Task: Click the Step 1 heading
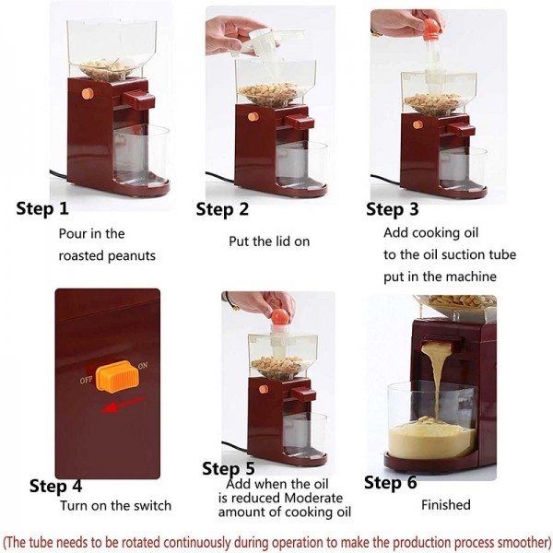[x=42, y=209]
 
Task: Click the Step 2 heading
[x=222, y=209]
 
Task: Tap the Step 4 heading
[x=55, y=486]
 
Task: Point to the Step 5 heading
[x=228, y=469]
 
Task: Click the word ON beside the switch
[x=142, y=366]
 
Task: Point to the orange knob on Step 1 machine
[x=88, y=93]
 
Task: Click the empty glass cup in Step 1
[x=140, y=152]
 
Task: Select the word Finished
[x=445, y=505]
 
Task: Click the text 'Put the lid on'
[x=269, y=241]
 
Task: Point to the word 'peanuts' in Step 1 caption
[x=134, y=256]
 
